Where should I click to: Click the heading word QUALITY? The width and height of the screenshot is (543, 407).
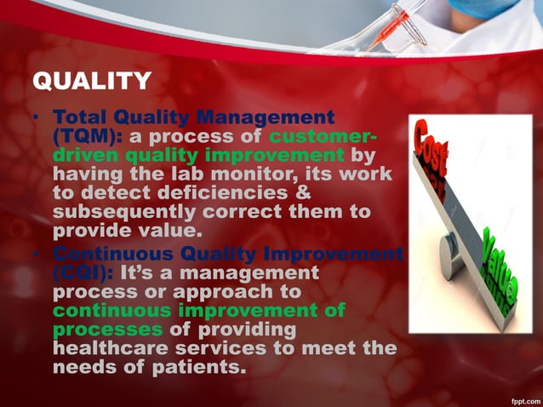click(92, 81)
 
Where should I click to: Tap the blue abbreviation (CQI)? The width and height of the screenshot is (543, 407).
click(83, 273)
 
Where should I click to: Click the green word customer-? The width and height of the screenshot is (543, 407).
click(324, 137)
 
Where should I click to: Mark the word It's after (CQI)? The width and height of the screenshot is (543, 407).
click(137, 273)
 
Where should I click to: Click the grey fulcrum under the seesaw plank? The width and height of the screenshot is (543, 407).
click(451, 255)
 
